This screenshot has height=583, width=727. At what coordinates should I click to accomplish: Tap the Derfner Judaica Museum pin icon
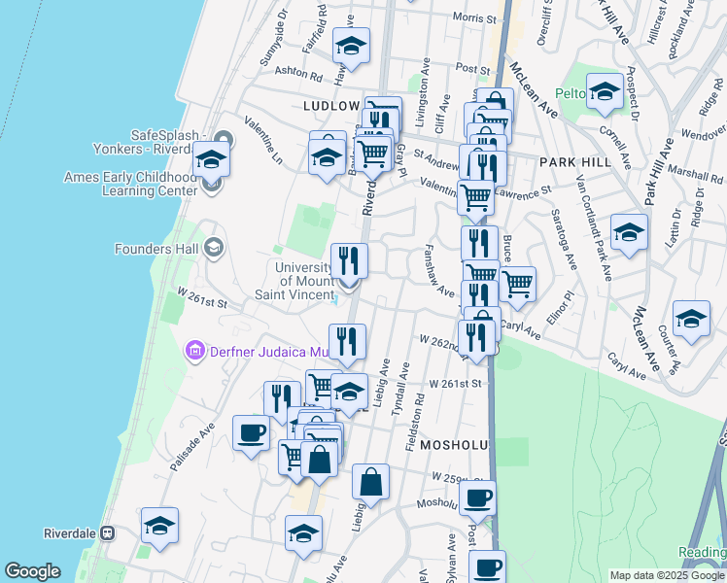pyautogui.click(x=193, y=350)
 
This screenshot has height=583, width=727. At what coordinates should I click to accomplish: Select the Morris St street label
pyautogui.click(x=474, y=18)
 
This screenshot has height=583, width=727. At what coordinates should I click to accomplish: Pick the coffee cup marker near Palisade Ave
pyautogui.click(x=251, y=432)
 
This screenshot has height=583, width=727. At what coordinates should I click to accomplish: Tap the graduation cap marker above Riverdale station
pyautogui.click(x=159, y=526)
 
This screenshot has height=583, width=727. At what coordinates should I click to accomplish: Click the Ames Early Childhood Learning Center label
pyautogui.click(x=129, y=184)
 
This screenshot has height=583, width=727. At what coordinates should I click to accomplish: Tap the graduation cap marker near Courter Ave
pyautogui.click(x=691, y=320)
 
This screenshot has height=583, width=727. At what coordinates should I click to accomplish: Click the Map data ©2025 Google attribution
pyautogui.click(x=667, y=575)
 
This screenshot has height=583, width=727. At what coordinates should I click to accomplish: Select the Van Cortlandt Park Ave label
pyautogui.click(x=592, y=225)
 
